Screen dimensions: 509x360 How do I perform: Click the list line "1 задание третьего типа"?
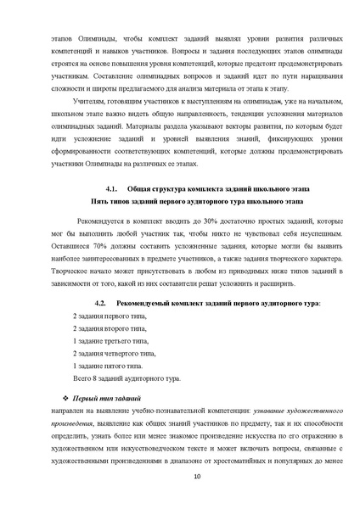(110, 339)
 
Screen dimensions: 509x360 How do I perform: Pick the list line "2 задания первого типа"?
(110, 316)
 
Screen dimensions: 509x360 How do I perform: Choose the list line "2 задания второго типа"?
(110, 327)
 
